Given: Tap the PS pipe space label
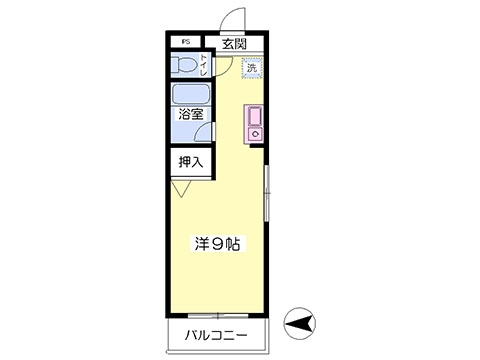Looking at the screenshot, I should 185,43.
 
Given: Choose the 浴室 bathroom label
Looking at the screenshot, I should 191,115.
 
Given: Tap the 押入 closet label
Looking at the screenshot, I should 190,161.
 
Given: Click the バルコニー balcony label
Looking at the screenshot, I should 215,333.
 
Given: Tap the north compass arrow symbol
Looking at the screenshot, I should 298,323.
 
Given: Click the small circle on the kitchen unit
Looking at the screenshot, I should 253,133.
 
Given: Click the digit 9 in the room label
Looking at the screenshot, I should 216,243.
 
